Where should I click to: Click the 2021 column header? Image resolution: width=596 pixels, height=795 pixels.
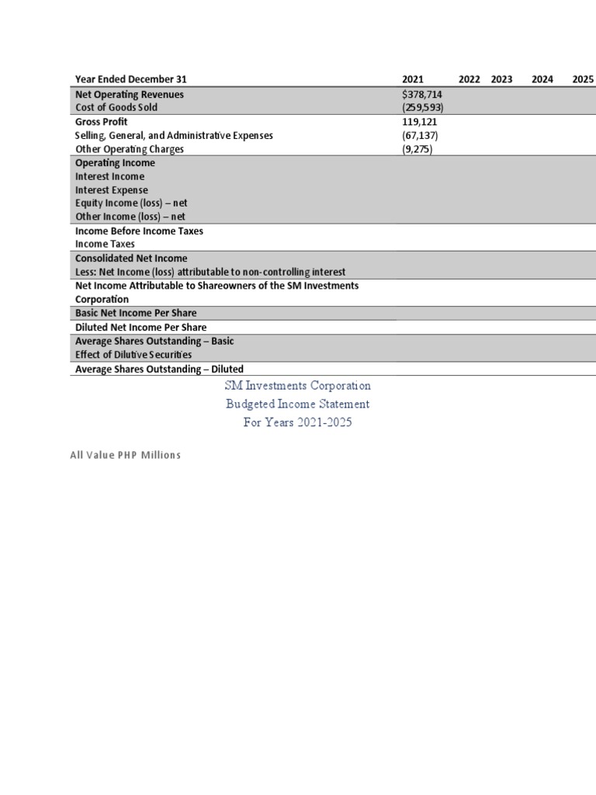[x=413, y=79]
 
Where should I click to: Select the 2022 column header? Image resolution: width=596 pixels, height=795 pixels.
[x=469, y=79]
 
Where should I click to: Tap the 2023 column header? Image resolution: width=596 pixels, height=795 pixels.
[x=501, y=79]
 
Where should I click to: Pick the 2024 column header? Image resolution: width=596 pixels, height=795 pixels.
[x=542, y=79]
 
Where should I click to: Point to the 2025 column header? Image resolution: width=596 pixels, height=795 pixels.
[x=583, y=79]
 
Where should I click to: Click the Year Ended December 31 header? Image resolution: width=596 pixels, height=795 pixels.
[x=130, y=79]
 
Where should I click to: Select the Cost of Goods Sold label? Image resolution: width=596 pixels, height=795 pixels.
[x=116, y=108]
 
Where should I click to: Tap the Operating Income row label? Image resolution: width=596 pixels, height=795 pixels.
[x=115, y=163]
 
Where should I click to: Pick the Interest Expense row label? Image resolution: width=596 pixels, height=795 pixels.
[x=111, y=190]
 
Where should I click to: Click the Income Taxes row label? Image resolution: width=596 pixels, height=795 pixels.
[x=105, y=244]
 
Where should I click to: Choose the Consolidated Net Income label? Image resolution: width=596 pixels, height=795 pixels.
[x=131, y=259]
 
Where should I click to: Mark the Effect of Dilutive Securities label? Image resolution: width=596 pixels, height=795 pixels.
[x=133, y=355]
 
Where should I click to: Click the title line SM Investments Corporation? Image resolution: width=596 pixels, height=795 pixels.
[x=297, y=386]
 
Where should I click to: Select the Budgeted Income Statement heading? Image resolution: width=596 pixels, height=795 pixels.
[x=297, y=404]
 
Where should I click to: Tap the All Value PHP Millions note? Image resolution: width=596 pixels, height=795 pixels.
[x=125, y=455]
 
